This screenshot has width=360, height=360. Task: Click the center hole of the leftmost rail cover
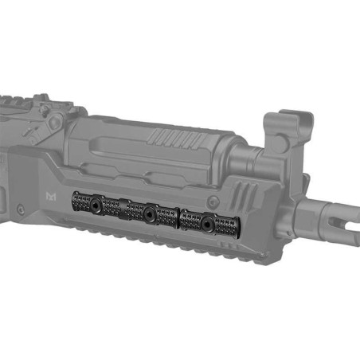(x=96, y=204)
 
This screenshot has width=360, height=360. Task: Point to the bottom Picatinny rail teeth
(x=159, y=243)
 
